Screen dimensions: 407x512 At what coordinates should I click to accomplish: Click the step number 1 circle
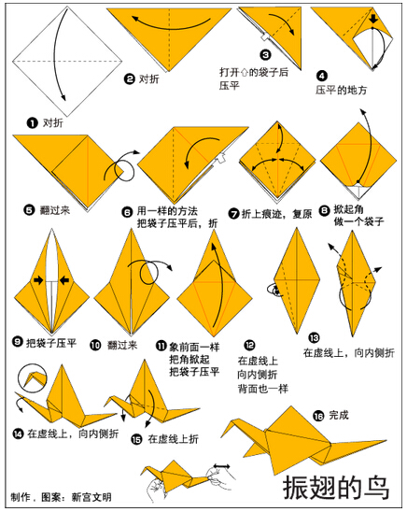click(x=33, y=123)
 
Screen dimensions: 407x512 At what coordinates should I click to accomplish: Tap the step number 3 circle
click(x=265, y=54)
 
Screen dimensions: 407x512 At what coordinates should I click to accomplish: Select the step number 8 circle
click(x=324, y=211)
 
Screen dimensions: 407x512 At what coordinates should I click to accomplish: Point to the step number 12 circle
click(x=249, y=345)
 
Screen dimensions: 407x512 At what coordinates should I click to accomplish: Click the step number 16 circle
click(x=318, y=416)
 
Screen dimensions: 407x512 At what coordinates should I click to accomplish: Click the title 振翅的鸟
click(x=336, y=487)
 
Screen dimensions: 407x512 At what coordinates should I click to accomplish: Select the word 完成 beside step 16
click(x=339, y=415)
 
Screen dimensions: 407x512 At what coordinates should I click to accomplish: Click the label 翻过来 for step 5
click(x=55, y=210)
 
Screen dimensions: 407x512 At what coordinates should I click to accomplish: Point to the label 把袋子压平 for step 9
click(x=51, y=343)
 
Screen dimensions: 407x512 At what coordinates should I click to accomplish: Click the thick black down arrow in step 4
click(x=373, y=19)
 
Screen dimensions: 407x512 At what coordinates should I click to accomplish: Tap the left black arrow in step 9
click(x=38, y=280)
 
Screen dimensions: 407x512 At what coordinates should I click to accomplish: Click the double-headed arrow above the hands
click(x=222, y=466)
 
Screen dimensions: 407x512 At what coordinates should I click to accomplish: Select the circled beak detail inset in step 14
click(x=33, y=377)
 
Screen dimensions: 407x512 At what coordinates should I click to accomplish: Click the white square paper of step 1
click(x=67, y=62)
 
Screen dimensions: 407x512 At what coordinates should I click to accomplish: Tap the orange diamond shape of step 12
click(x=297, y=281)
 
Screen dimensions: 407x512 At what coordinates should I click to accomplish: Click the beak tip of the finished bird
click(x=222, y=437)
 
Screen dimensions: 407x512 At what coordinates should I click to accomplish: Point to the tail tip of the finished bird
click(x=386, y=440)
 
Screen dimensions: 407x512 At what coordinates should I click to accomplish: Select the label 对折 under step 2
click(x=149, y=79)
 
